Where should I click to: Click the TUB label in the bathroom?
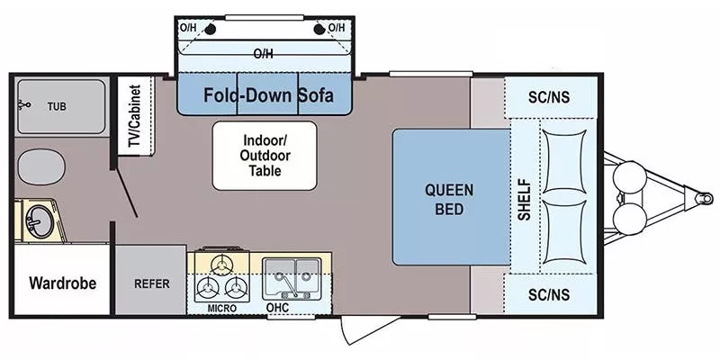pyautogui.click(x=57, y=106)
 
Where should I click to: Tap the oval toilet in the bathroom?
pyautogui.click(x=41, y=167)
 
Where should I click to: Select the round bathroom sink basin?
pyautogui.click(x=40, y=221)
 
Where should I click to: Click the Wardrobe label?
pyautogui.click(x=62, y=283)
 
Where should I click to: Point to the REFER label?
pyautogui.click(x=152, y=283)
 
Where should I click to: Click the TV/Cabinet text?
pyautogui.click(x=134, y=116)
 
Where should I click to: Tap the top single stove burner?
pyautogui.click(x=222, y=264)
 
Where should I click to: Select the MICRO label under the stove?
pyautogui.click(x=221, y=308)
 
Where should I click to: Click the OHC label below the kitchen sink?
pyautogui.click(x=278, y=308)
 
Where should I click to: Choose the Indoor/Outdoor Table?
pyautogui.click(x=265, y=156)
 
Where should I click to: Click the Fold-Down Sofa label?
pyautogui.click(x=268, y=95)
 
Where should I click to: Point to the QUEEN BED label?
pyautogui.click(x=449, y=199)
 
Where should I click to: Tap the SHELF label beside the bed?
pyautogui.click(x=525, y=200)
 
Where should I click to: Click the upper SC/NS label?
pyautogui.click(x=549, y=97)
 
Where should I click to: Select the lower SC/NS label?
pyautogui.click(x=549, y=295)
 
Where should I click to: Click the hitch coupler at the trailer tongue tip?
pyautogui.click(x=704, y=198)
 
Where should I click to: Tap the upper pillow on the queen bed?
pyautogui.click(x=564, y=162)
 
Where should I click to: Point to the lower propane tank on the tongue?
pyautogui.click(x=629, y=219)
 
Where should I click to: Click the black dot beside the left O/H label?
pyautogui.click(x=211, y=30)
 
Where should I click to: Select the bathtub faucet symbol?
pyautogui.click(x=24, y=105)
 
